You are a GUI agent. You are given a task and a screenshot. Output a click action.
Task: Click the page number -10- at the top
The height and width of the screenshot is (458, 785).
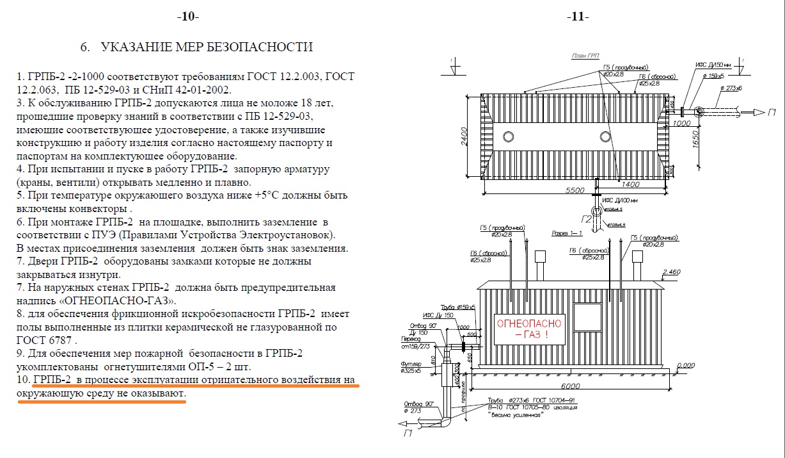coord(188,17)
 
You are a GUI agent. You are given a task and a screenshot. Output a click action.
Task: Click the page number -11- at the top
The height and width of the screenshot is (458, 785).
coord(578,17)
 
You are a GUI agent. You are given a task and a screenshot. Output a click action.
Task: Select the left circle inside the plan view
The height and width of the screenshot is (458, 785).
coord(509,136)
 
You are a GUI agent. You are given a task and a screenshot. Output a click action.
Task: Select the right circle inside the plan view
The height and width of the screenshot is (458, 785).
coord(605,136)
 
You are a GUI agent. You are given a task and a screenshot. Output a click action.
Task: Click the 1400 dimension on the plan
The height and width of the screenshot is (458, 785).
coord(631,184)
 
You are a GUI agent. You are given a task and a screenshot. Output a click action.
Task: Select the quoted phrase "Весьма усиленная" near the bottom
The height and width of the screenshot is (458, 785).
coord(516,415)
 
